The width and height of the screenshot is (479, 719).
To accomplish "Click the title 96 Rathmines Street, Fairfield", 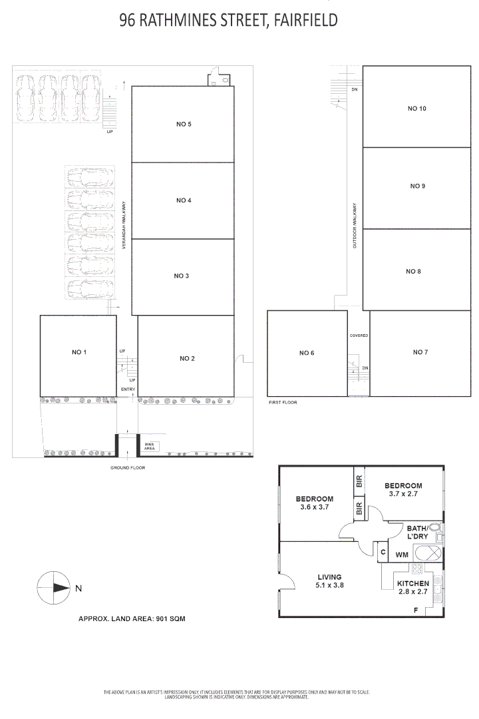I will pos(228,21).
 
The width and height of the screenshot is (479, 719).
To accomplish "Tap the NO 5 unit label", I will pos(184,124).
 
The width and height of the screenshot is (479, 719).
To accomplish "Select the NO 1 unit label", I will pos(79,352).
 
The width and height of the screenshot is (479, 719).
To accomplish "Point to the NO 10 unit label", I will pos(416,108).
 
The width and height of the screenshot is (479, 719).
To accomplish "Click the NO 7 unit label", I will pos(420,352).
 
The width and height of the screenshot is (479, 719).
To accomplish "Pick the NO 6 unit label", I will pos(306,353).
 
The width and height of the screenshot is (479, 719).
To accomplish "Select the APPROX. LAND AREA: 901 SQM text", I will pos(132,618).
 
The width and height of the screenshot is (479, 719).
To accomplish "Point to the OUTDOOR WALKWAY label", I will pos(355,226).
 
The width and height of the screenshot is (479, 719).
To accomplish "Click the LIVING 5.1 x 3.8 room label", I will pos(329,581).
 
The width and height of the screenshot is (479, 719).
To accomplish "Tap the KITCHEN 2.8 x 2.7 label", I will pos(412,587).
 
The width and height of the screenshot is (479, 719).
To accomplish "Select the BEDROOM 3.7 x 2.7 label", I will pos(403,490).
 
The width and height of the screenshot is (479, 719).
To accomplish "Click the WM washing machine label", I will pos(402,554).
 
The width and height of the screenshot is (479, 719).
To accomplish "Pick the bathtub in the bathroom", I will pos(428,554).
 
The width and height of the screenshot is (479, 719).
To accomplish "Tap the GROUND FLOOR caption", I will pos(128,468).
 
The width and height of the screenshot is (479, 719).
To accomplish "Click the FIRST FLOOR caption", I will pos(282,403).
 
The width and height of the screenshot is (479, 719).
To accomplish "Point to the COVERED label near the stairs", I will pos(359,336).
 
